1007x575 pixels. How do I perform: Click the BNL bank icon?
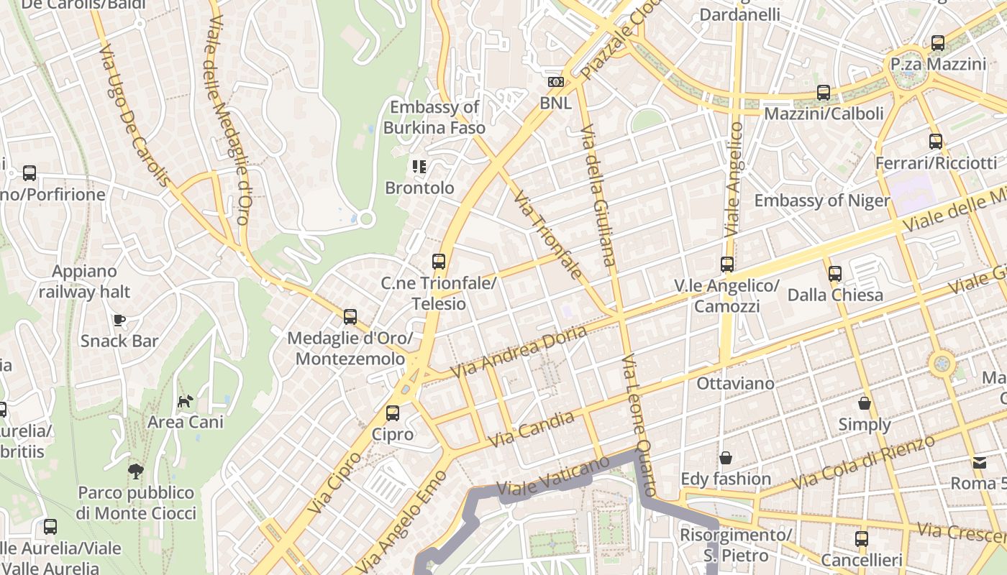click(x=555, y=82)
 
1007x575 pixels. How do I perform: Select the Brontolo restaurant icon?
click(x=419, y=167)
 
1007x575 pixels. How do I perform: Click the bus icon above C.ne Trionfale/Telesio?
click(x=439, y=262)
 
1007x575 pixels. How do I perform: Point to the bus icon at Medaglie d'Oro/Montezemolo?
click(x=350, y=316)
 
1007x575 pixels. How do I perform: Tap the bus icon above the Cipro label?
click(x=393, y=413)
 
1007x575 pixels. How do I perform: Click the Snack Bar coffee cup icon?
click(x=119, y=320)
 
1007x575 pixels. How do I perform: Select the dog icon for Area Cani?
click(x=186, y=401)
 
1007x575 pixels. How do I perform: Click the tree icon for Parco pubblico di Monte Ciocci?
click(x=135, y=471)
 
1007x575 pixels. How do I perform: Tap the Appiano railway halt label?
click(x=84, y=282)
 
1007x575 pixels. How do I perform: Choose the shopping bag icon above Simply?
click(x=865, y=403)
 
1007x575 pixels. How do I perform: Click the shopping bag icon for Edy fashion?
click(x=726, y=458)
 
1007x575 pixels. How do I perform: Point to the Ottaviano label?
click(x=735, y=383)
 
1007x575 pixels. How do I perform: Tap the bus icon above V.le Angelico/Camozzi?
click(x=727, y=264)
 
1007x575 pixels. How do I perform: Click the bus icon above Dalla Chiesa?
click(x=835, y=274)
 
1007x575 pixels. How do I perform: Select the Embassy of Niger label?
click(x=822, y=201)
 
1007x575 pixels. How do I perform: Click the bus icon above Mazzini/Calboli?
click(x=824, y=93)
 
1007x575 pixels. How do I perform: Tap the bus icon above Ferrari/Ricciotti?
click(x=936, y=142)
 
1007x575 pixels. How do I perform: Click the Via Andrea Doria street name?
click(x=519, y=351)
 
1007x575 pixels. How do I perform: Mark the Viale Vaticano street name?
click(x=554, y=477)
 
